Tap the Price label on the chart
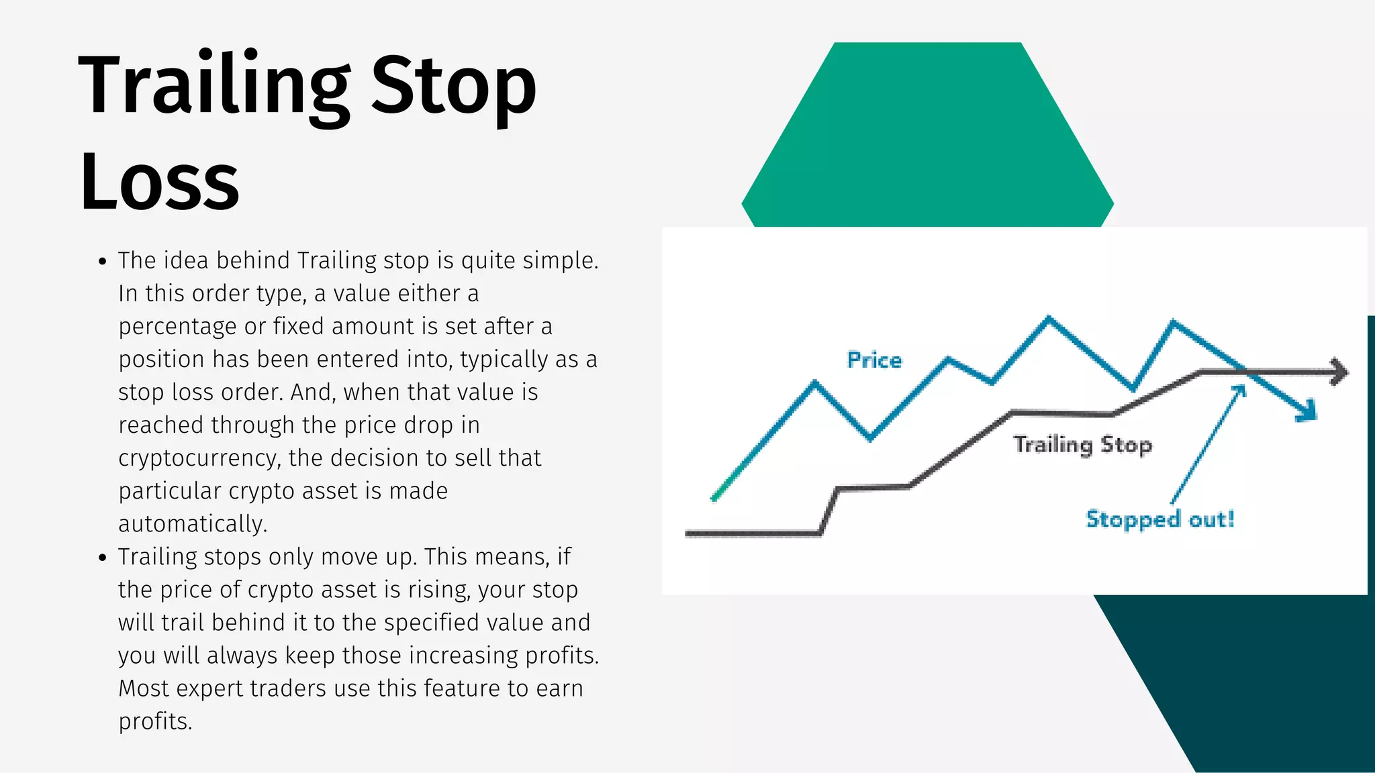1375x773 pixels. click(874, 360)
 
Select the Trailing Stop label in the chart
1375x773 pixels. click(1082, 445)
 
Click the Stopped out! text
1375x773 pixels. click(1159, 519)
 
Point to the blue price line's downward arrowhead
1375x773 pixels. click(1308, 411)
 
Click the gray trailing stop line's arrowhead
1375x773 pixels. click(1339, 372)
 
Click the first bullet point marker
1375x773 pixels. click(102, 262)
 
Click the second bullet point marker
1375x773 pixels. click(102, 558)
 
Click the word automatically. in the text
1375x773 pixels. click(193, 524)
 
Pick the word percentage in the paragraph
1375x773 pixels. click(177, 327)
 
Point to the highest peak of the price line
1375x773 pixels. click(1049, 318)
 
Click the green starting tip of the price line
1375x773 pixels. click(715, 498)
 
